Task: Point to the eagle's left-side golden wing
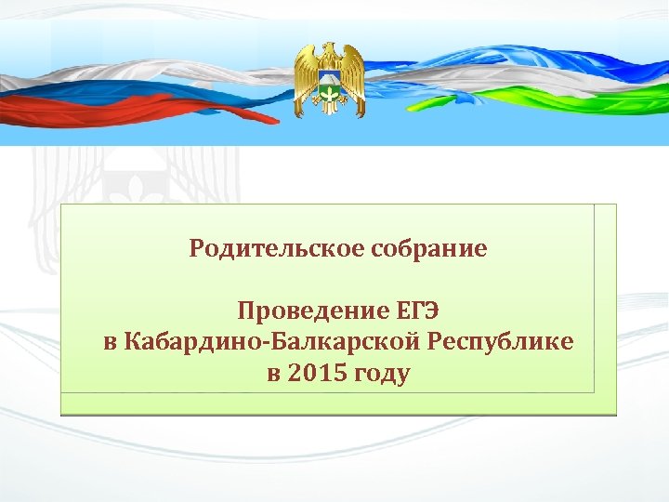306,74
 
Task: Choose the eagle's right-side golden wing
354,74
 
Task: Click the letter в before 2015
272,375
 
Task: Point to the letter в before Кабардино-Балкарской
111,342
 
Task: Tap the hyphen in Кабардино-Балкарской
269,343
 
